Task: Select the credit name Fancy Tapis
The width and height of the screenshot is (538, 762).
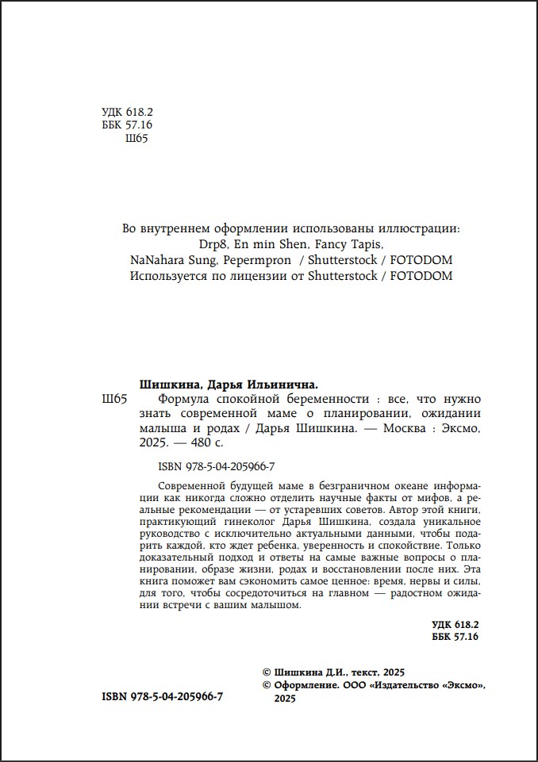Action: (x=351, y=243)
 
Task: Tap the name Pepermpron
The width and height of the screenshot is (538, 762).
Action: (x=258, y=260)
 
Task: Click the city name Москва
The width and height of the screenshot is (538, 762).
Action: (x=408, y=429)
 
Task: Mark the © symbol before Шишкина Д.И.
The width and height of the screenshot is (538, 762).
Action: (x=266, y=672)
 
